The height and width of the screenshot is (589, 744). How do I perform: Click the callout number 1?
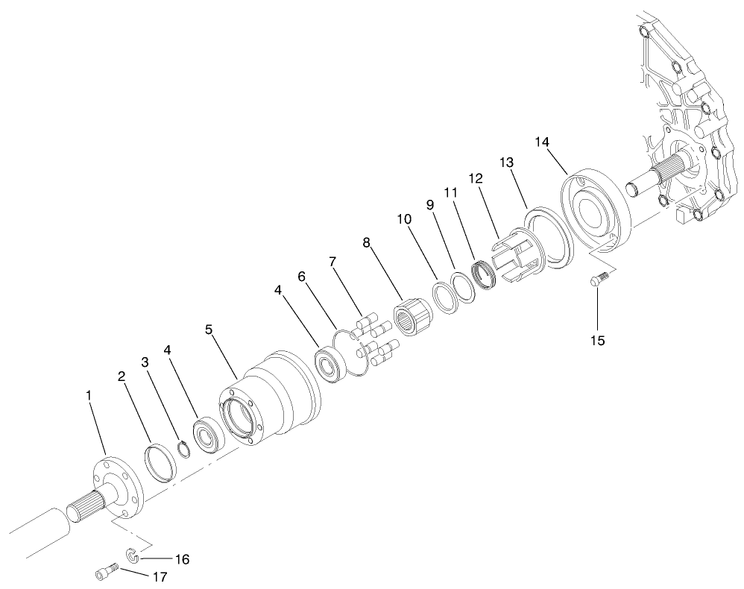[x=89, y=396]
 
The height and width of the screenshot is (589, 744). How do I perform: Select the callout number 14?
[x=542, y=142]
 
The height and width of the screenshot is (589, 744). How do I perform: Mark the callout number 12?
[x=476, y=179]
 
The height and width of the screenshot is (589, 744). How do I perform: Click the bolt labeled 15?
[x=598, y=281]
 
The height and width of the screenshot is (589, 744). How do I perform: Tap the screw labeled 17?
[x=106, y=573]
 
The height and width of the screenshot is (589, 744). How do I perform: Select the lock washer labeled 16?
[x=130, y=553]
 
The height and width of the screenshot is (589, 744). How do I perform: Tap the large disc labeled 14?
[x=596, y=209]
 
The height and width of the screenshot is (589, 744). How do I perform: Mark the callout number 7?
[x=332, y=262]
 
